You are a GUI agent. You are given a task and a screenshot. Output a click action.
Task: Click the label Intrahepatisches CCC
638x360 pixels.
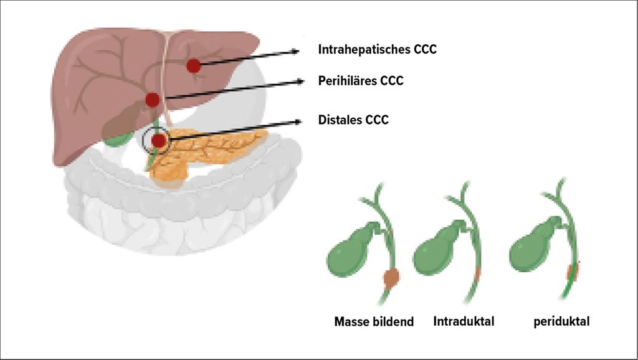pyautogui.click(x=377, y=49)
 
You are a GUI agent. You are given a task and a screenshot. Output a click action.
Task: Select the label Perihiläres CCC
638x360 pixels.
pyautogui.click(x=360, y=81)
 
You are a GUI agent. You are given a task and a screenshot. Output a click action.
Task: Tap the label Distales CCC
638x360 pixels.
pyautogui.click(x=353, y=120)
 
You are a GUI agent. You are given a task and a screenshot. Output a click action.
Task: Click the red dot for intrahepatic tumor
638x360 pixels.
pyautogui.click(x=194, y=65)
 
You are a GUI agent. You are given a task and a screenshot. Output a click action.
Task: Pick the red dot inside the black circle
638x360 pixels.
pyautogui.click(x=159, y=141)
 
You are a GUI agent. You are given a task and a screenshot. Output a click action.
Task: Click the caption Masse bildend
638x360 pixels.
pyautogui.click(x=374, y=322)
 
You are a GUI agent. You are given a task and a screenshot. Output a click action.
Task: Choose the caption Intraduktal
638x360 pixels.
pyautogui.click(x=464, y=322)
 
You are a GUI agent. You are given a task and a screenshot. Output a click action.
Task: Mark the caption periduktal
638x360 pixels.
pyautogui.click(x=561, y=322)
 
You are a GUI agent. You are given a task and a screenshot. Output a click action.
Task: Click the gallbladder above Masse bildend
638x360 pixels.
pyautogui.click(x=353, y=252)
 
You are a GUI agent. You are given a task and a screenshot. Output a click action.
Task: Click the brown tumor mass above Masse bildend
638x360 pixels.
pyautogui.click(x=391, y=278)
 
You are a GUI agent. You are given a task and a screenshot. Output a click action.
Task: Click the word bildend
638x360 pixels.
pyautogui.click(x=394, y=322)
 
